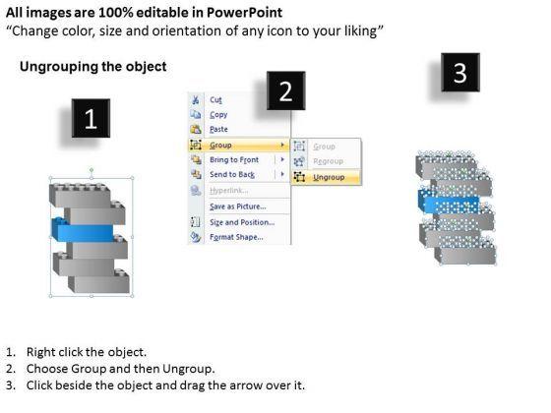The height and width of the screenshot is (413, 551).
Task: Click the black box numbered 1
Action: click(x=91, y=118)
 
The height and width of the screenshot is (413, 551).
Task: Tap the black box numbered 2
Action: click(x=285, y=90)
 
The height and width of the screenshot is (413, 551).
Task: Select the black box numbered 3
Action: click(x=460, y=73)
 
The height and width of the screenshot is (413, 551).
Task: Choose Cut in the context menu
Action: click(x=215, y=100)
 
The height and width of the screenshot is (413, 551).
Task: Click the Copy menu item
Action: click(x=218, y=115)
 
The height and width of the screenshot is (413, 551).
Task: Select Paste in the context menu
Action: click(x=218, y=129)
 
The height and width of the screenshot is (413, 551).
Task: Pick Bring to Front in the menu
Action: click(x=234, y=159)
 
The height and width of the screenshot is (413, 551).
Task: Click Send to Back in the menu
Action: click(x=232, y=175)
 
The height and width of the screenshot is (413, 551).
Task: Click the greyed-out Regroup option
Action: click(x=329, y=161)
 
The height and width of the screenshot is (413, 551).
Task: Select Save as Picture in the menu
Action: click(x=238, y=206)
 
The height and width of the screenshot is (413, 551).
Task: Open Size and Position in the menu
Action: click(x=242, y=222)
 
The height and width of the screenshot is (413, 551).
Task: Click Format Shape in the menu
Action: click(x=236, y=237)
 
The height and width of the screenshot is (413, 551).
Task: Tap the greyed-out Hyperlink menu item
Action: click(x=228, y=191)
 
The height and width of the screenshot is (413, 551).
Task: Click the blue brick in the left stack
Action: click(x=83, y=230)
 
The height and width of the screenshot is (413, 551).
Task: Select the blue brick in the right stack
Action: click(x=449, y=202)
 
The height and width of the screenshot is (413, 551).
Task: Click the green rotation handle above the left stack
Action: click(x=92, y=170)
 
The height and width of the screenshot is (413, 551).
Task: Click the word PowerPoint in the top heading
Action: click(x=244, y=13)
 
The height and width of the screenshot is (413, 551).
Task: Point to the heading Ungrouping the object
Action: click(x=93, y=67)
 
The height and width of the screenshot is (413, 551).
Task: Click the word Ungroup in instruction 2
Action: click(x=188, y=369)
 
